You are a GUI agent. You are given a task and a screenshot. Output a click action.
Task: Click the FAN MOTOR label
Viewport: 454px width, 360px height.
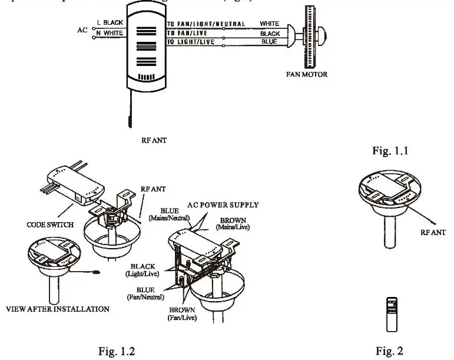(x=307, y=75)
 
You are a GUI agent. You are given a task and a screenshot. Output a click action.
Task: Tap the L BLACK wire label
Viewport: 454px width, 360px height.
(x=110, y=22)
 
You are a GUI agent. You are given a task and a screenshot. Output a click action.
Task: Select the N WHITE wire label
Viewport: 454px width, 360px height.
(x=110, y=33)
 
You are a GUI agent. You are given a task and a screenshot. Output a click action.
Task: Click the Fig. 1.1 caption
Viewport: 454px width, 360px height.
(x=391, y=151)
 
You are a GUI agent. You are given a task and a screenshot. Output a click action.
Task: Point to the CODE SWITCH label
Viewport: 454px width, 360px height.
(x=50, y=224)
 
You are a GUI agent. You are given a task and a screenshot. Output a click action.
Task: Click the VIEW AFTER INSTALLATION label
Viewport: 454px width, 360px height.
(x=57, y=309)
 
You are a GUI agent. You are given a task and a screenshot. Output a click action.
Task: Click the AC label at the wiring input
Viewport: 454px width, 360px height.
(x=82, y=28)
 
